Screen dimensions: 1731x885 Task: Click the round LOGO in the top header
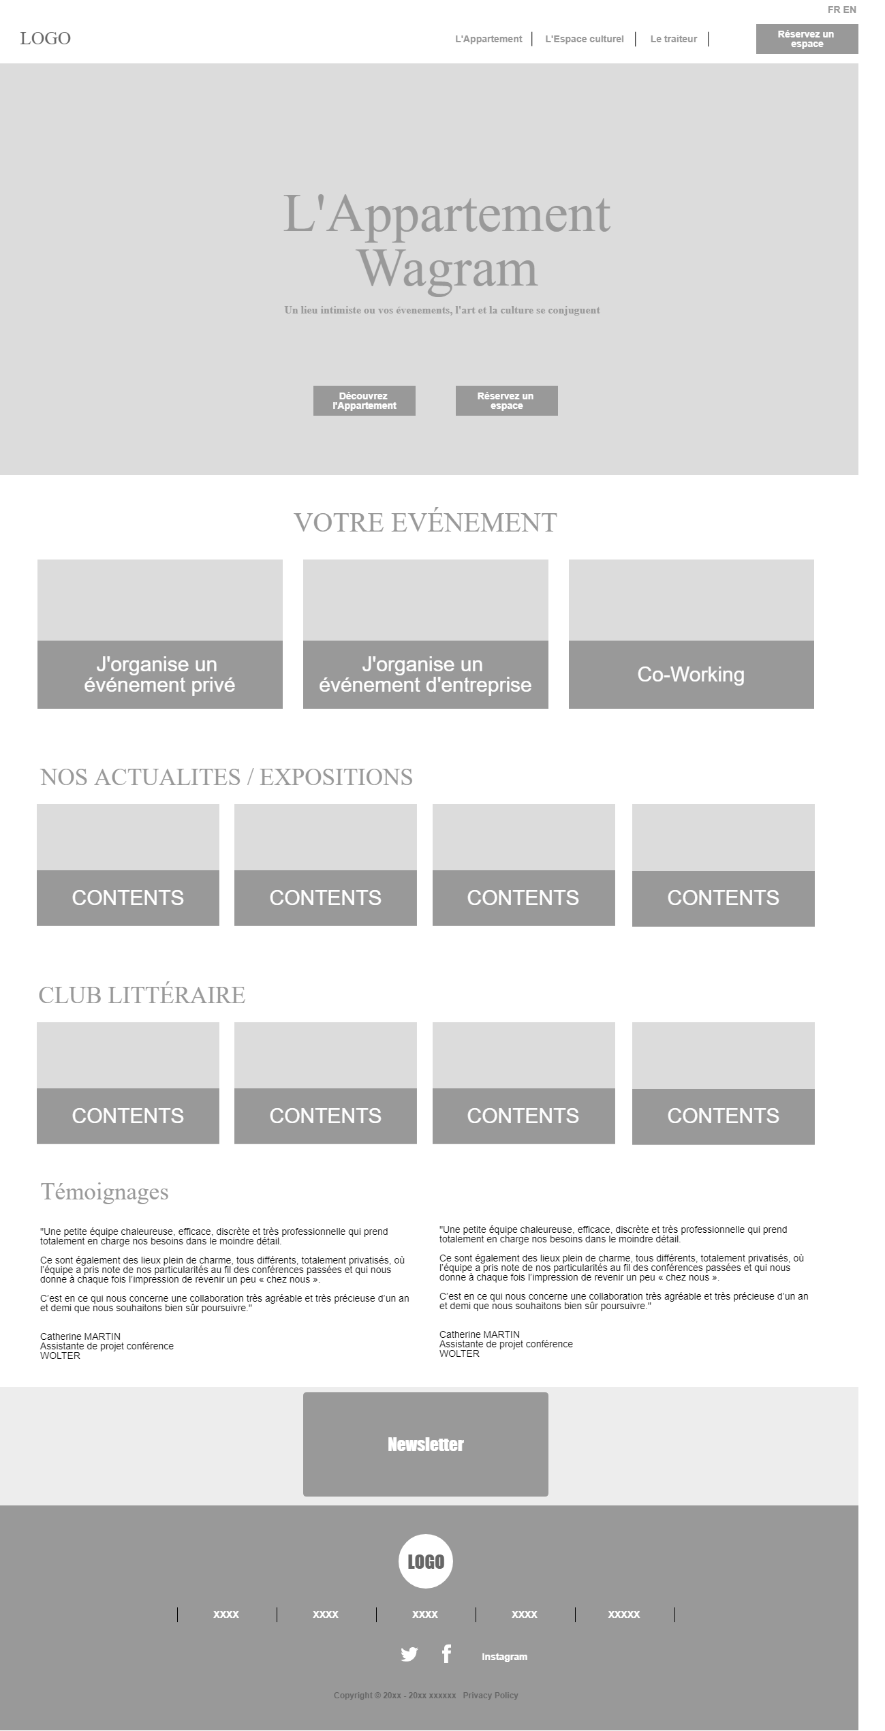(x=45, y=38)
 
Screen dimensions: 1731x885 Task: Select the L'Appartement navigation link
(x=488, y=39)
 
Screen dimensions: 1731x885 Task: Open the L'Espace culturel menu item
(x=584, y=39)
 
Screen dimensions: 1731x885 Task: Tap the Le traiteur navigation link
(x=673, y=39)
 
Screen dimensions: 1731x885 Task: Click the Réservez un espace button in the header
(x=807, y=39)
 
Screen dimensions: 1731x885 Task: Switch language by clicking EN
(x=850, y=10)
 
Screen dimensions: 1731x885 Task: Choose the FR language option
(x=833, y=10)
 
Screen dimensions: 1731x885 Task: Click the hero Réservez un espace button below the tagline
(x=506, y=401)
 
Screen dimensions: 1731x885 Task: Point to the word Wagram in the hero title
(x=448, y=270)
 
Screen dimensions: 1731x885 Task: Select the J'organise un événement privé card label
(x=159, y=675)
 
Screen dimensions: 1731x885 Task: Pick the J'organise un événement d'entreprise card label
(x=425, y=675)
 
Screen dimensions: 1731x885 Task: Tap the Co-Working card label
(x=691, y=675)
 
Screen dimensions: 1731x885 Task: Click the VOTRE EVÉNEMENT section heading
(x=425, y=523)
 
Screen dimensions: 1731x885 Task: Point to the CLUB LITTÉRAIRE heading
(x=142, y=995)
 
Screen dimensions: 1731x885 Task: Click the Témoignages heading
(x=104, y=1191)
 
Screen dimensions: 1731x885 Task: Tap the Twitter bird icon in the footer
(x=409, y=1654)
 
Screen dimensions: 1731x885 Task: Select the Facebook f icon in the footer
(x=446, y=1654)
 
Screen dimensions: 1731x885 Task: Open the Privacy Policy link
(x=491, y=1695)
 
